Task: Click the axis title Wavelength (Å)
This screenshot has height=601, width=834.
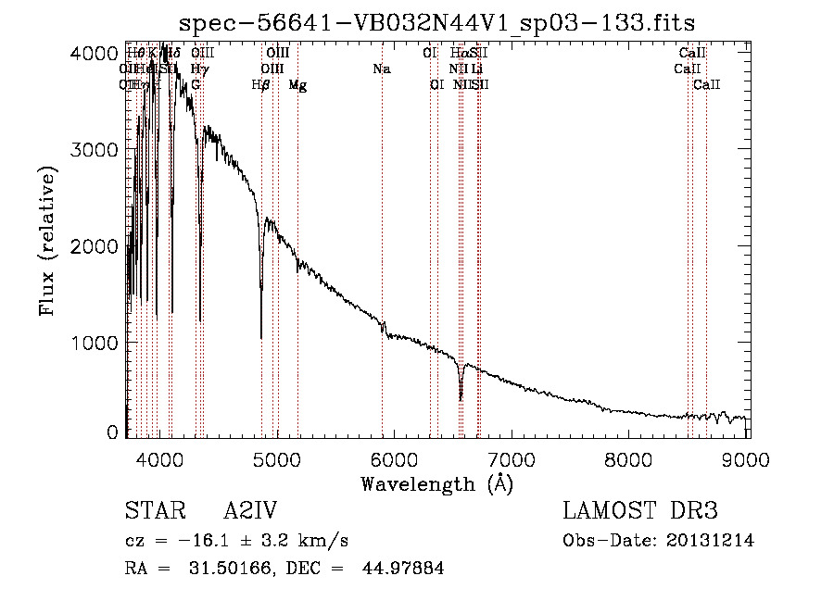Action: click(436, 482)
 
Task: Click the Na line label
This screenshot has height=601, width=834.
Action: click(381, 69)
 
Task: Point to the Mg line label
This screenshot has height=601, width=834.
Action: click(297, 85)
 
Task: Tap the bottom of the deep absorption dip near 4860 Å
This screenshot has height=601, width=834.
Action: click(261, 337)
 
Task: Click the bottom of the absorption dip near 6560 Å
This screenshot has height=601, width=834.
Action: click(461, 399)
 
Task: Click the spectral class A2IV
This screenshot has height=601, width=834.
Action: click(250, 512)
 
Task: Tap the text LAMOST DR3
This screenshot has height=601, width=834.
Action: click(640, 512)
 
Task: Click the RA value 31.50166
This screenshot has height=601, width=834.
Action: click(221, 569)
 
